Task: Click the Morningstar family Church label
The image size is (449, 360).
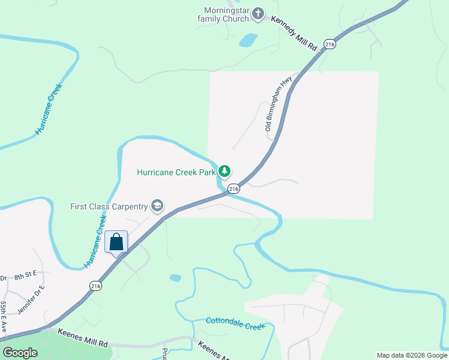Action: [223, 14]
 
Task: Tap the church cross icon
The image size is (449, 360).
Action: [258, 13]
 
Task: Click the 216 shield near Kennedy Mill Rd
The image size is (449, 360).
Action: [329, 44]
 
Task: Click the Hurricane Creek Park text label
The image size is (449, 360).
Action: [176, 172]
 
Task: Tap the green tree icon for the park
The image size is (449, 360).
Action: [224, 172]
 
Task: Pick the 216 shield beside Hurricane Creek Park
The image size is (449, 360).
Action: [234, 188]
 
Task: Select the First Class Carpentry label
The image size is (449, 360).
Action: [109, 206]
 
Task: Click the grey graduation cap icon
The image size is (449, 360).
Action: [157, 206]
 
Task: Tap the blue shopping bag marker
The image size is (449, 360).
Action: [116, 242]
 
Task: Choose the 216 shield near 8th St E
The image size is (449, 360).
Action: [95, 286]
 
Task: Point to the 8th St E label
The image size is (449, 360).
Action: [26, 274]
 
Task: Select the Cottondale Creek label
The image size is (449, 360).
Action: [235, 323]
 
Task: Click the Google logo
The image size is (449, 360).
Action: [20, 352]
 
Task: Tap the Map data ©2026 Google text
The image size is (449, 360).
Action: [412, 355]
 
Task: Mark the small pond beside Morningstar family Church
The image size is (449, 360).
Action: [248, 40]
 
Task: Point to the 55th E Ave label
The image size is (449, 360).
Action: [3, 316]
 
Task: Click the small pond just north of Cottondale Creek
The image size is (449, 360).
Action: [175, 278]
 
